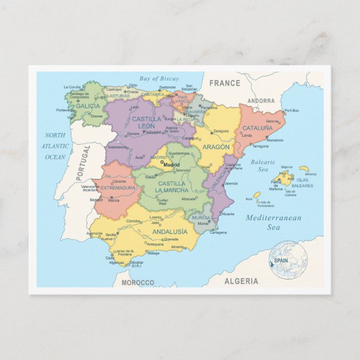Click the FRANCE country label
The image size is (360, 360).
225,83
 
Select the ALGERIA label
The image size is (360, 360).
241,281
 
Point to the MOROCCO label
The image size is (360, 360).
138,283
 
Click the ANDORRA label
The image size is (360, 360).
261,101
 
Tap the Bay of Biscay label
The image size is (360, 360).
159,79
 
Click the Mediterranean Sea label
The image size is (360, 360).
273,222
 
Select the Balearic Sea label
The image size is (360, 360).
263,165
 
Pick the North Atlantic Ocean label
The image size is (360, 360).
55,146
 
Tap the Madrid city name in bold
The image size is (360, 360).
171,164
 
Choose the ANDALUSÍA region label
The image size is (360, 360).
169,231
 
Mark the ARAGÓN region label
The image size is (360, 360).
216,147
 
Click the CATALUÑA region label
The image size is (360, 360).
257,128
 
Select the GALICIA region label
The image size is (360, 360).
88,106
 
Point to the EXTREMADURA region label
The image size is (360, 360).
118,188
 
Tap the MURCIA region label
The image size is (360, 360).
201,218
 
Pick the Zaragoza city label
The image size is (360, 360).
221,131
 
